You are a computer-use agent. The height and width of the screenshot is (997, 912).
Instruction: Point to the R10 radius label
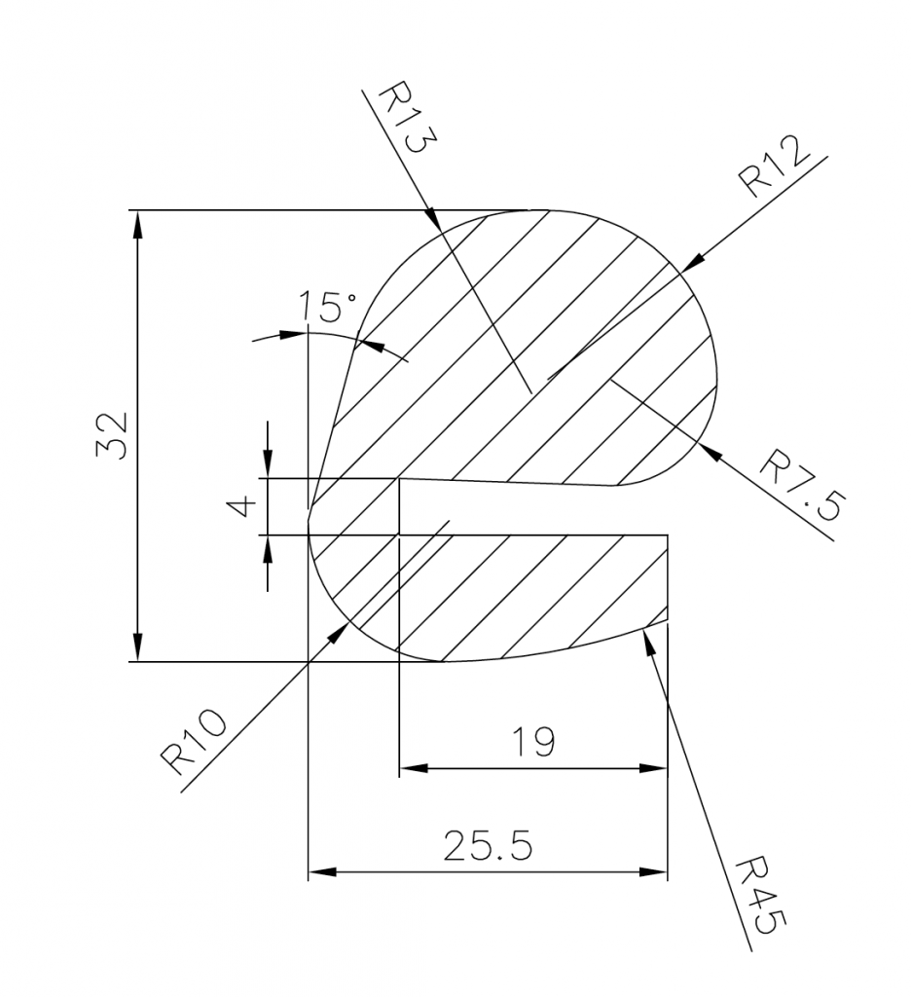(195, 740)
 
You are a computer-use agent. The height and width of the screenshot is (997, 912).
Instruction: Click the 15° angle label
(329, 308)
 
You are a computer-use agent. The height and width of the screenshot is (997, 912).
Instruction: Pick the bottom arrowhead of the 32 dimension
(138, 650)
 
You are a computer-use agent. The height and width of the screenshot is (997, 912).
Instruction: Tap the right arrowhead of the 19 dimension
(655, 768)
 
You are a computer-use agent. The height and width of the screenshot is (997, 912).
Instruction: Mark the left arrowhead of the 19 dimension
(413, 768)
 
